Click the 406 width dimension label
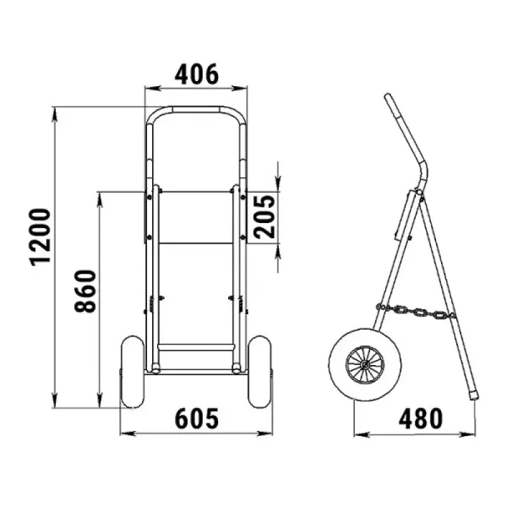(196, 74)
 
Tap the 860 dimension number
(86, 291)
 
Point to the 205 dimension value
(264, 217)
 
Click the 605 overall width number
(196, 418)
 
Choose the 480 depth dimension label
(420, 418)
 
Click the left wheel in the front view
(132, 371)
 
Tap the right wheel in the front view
(260, 371)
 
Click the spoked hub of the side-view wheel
(365, 364)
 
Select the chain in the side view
(416, 311)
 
